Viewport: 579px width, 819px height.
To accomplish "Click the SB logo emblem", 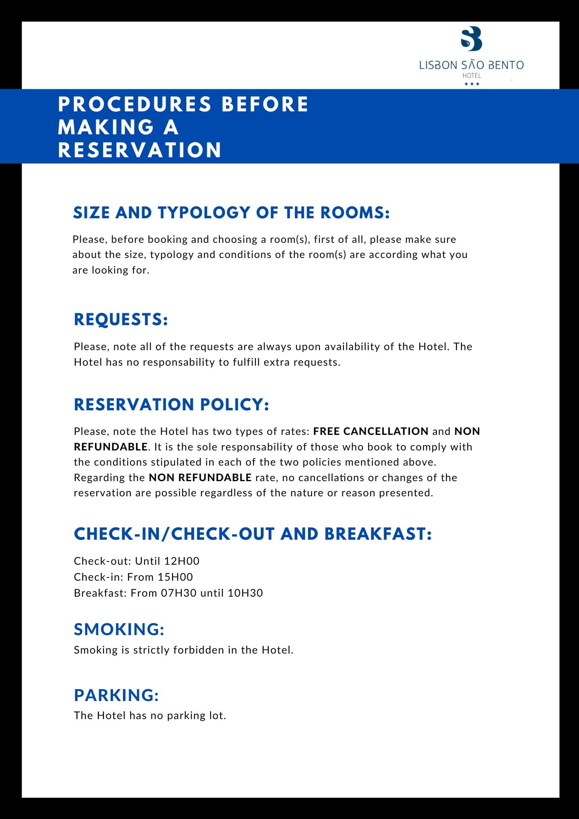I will coord(471,38).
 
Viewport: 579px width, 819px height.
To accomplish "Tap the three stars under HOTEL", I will coord(472,84).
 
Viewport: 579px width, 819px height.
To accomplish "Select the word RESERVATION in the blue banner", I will coord(140,150).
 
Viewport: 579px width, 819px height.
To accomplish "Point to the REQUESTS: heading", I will coord(121,319).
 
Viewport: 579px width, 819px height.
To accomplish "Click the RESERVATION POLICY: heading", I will coord(171,405).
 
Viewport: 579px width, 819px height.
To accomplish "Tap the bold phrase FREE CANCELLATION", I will coord(371,431).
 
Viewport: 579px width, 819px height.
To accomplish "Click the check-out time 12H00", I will coord(181,561).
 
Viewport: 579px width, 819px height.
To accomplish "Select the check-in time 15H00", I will coord(175,577).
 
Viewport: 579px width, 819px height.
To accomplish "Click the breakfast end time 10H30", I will coord(245,593).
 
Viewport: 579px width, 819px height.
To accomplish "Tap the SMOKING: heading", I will coord(119,629).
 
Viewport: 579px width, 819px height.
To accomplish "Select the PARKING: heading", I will coord(116,695).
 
